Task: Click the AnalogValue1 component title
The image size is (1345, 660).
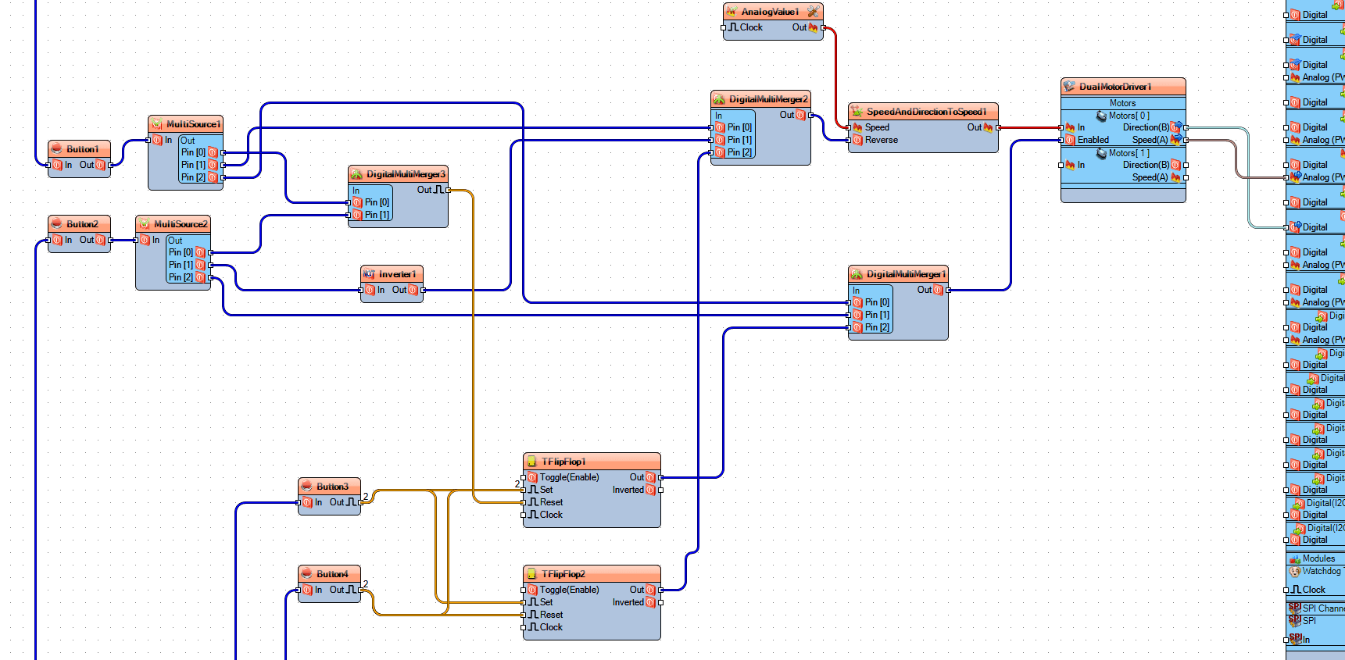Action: (770, 12)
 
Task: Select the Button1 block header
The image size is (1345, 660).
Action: (82, 149)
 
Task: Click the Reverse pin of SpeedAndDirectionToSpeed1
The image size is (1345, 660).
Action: (880, 141)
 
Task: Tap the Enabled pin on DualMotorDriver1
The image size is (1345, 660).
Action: (1092, 141)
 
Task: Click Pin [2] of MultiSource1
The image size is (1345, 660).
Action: (193, 178)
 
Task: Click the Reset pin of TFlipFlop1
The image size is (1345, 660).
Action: (550, 503)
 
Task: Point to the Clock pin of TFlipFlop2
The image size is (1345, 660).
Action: (550, 628)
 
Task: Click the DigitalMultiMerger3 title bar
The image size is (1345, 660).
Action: (405, 174)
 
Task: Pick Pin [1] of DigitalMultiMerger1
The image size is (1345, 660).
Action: (876, 316)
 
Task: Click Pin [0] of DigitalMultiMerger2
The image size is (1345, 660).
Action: (739, 128)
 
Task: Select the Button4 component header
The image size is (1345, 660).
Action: (332, 574)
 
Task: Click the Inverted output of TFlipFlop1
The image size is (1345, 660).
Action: (628, 491)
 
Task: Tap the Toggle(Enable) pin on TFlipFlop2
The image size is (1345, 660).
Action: (568, 590)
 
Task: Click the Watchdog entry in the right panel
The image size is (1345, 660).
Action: (1321, 572)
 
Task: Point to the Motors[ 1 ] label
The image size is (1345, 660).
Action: (1129, 154)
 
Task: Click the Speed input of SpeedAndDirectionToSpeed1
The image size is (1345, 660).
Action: (876, 128)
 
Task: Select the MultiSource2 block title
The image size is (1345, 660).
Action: (181, 224)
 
